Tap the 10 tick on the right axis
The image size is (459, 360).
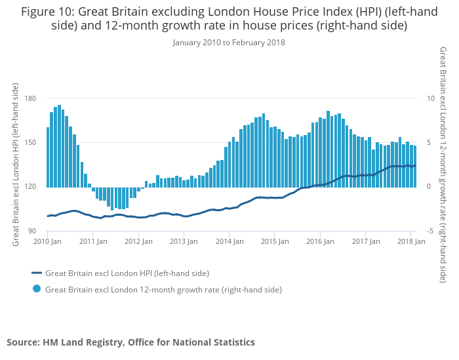[431, 98]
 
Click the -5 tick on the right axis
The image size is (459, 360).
[430, 231]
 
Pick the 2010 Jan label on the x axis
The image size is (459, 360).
[47, 241]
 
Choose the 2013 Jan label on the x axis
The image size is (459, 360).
[184, 241]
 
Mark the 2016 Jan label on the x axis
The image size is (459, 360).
[320, 241]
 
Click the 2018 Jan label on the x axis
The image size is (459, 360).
[410, 241]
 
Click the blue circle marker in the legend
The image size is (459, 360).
[37, 289]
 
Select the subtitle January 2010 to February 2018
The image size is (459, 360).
[229, 43]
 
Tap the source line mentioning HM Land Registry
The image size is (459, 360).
[130, 342]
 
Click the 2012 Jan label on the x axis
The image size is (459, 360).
[138, 241]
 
